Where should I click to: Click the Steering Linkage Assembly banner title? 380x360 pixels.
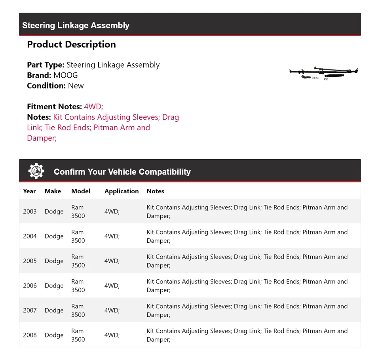pyautogui.click(x=76, y=25)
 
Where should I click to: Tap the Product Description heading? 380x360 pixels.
pyautogui.click(x=71, y=44)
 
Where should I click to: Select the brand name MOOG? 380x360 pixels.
pyautogui.click(x=66, y=75)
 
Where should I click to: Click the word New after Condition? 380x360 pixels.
pyautogui.click(x=76, y=86)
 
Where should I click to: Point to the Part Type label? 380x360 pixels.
pyautogui.click(x=46, y=65)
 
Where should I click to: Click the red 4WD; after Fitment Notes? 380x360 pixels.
pyautogui.click(x=93, y=107)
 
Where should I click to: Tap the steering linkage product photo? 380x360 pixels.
pyautogui.click(x=324, y=73)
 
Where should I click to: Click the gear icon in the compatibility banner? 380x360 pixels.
pyautogui.click(x=36, y=171)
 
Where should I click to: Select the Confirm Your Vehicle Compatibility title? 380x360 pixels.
pyautogui.click(x=122, y=172)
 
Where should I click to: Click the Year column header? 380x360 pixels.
pyautogui.click(x=29, y=191)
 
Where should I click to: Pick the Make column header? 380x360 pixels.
pyautogui.click(x=53, y=191)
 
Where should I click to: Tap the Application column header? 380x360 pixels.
pyautogui.click(x=122, y=191)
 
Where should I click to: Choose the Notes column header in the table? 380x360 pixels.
pyautogui.click(x=155, y=191)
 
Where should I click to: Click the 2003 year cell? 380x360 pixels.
pyautogui.click(x=30, y=211)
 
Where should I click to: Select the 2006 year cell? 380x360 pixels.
pyautogui.click(x=30, y=286)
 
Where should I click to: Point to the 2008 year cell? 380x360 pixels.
pyautogui.click(x=30, y=335)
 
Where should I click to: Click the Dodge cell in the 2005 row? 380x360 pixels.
pyautogui.click(x=54, y=261)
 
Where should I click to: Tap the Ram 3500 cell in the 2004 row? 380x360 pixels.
pyautogui.click(x=78, y=236)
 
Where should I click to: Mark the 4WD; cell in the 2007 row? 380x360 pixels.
pyautogui.click(x=112, y=310)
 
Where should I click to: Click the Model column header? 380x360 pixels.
pyautogui.click(x=81, y=191)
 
